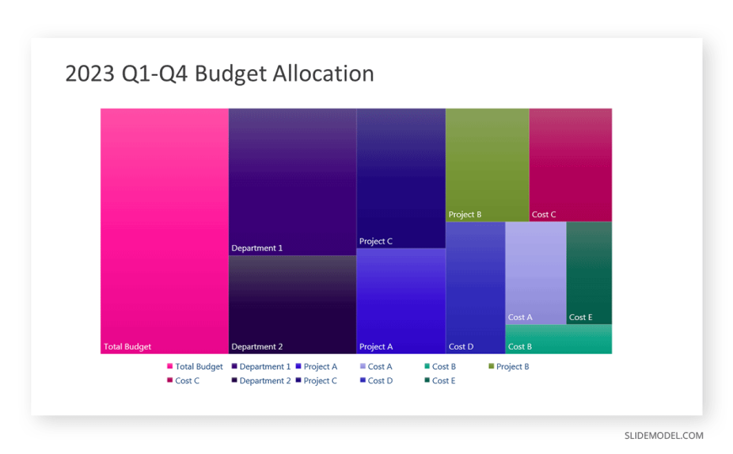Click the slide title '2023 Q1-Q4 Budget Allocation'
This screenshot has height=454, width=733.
tap(219, 74)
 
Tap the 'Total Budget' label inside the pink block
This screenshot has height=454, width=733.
tap(127, 346)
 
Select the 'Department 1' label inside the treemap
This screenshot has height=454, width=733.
tap(257, 248)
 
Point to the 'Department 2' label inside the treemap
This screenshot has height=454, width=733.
tap(257, 346)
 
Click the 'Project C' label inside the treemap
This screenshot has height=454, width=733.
tap(376, 241)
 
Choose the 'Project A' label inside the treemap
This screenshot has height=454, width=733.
tap(376, 346)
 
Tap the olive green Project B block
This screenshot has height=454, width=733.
tap(487, 165)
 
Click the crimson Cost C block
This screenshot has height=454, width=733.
tap(570, 165)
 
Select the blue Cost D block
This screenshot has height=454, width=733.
tap(475, 287)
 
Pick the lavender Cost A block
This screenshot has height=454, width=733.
tap(536, 273)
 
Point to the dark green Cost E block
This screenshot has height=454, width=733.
tap(589, 273)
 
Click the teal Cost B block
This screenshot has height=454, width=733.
tap(559, 339)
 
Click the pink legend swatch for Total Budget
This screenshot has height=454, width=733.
tap(169, 366)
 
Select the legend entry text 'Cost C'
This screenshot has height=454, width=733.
tap(187, 381)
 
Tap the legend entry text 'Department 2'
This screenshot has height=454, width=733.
tap(265, 381)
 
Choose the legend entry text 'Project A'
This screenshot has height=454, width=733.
tap(320, 366)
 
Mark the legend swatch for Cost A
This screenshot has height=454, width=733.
tap(363, 366)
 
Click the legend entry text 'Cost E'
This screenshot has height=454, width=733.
tap(444, 381)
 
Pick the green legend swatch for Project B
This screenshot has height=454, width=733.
tap(491, 366)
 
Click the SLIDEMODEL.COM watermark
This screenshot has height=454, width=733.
tap(664, 435)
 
